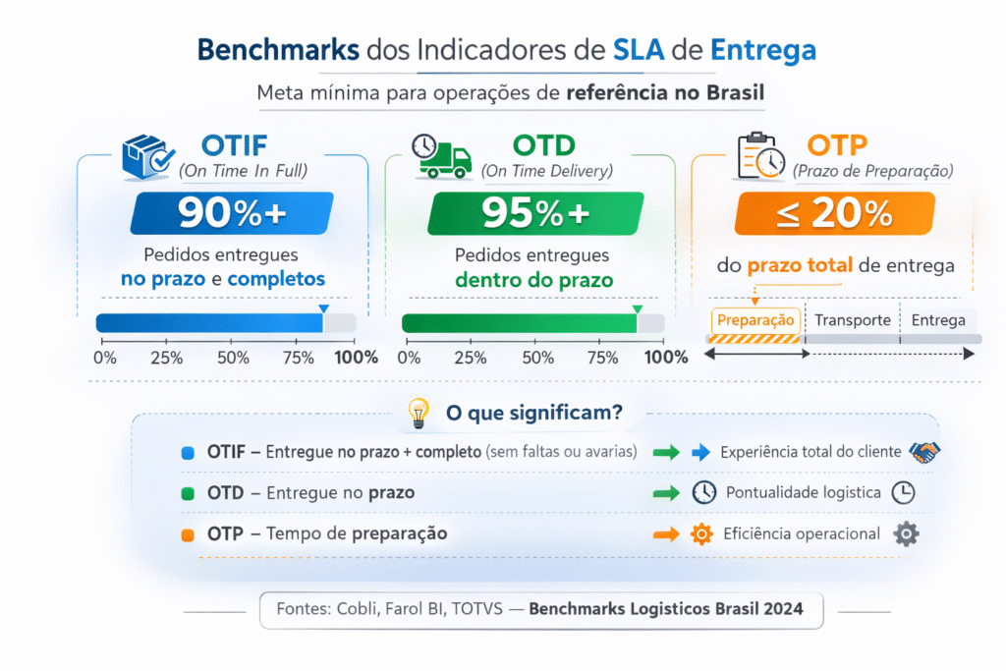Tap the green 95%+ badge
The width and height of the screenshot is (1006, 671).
click(535, 213)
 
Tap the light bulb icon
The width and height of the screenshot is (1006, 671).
click(419, 413)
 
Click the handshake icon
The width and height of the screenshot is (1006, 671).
click(924, 452)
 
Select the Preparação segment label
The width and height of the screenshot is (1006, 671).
click(754, 320)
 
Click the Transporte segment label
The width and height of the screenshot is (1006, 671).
click(852, 320)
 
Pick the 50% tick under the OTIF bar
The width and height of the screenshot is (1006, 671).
click(233, 358)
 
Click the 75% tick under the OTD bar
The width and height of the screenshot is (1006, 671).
click(602, 358)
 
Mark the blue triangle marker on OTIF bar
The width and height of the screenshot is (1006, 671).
click(323, 309)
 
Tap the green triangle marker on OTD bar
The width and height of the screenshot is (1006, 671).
click(637, 309)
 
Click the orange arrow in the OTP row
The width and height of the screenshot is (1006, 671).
click(666, 534)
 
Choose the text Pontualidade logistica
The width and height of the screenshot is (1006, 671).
click(803, 492)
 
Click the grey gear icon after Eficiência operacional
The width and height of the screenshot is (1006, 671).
click(905, 534)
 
